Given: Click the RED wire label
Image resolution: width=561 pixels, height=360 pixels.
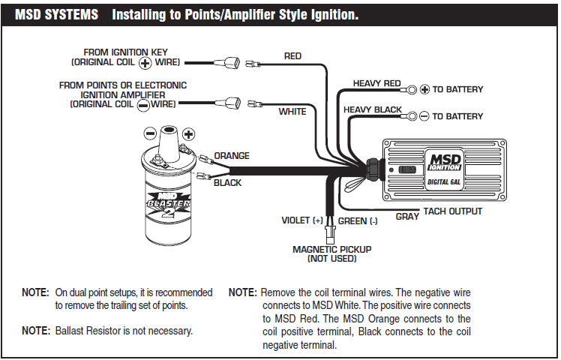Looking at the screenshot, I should tap(292, 56).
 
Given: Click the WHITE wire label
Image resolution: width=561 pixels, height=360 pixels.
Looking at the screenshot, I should tap(292, 111).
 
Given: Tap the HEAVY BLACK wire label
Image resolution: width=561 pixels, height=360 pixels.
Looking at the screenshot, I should tap(373, 109).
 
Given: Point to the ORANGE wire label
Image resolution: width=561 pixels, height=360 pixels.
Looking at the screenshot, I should tap(232, 156).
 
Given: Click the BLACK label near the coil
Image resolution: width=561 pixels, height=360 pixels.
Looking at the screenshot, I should tap(228, 182).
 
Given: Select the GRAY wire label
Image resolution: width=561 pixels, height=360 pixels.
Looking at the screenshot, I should tap(406, 216).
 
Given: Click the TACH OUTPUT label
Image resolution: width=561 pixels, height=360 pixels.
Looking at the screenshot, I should tap(453, 211).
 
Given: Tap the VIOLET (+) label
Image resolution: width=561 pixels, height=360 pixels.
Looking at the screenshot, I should tap(301, 221).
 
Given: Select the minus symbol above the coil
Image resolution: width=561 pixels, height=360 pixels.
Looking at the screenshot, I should tap(150, 133).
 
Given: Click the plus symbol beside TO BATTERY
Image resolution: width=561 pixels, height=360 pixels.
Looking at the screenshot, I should tap(424, 89).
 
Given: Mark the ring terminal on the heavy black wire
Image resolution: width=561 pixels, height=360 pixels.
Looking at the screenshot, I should tap(411, 116).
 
